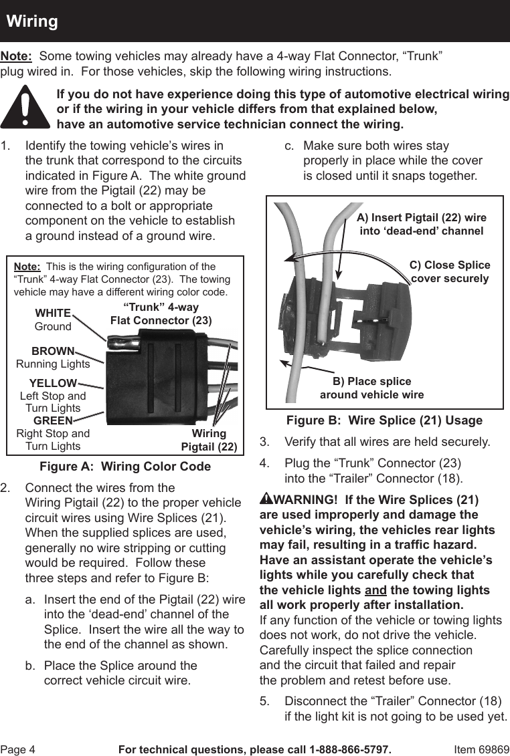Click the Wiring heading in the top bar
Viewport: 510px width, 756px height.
(x=32, y=21)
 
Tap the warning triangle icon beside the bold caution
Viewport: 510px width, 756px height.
(x=25, y=108)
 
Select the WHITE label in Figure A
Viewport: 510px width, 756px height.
(x=53, y=313)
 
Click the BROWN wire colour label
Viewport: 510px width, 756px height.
(x=53, y=351)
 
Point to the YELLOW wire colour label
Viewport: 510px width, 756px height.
(x=53, y=383)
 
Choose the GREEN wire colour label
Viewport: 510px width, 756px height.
(x=53, y=420)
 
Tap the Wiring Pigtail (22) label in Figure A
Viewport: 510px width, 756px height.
(x=209, y=440)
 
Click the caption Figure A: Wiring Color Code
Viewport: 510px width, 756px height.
(x=125, y=467)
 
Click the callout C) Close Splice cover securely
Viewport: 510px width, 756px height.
(x=450, y=271)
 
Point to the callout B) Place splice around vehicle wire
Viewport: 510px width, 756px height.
(x=371, y=388)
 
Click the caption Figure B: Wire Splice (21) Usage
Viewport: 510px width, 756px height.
(x=384, y=420)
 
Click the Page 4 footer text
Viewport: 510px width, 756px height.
(x=17, y=749)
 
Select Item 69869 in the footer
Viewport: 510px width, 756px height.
(x=481, y=749)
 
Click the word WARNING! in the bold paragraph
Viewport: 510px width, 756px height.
(x=305, y=500)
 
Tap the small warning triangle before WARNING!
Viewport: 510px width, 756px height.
(x=266, y=499)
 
